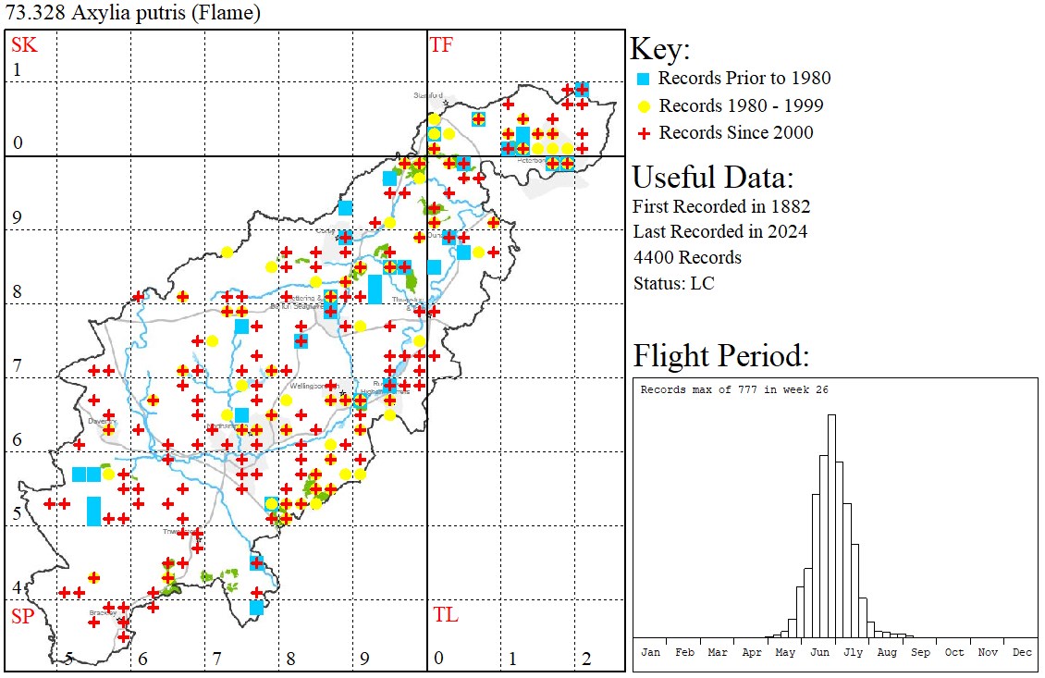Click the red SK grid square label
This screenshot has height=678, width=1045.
[23, 45]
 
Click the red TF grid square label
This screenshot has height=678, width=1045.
[441, 45]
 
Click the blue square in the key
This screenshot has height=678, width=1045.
[645, 80]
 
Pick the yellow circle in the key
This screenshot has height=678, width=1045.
[645, 106]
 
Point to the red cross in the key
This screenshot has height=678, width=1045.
[645, 133]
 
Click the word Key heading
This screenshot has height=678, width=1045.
[659, 50]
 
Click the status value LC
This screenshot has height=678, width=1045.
[703, 283]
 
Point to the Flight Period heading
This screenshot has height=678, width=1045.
[720, 356]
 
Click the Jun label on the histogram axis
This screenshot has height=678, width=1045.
[818, 652]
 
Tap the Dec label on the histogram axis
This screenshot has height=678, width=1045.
[1021, 652]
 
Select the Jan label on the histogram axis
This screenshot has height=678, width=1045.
[650, 652]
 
